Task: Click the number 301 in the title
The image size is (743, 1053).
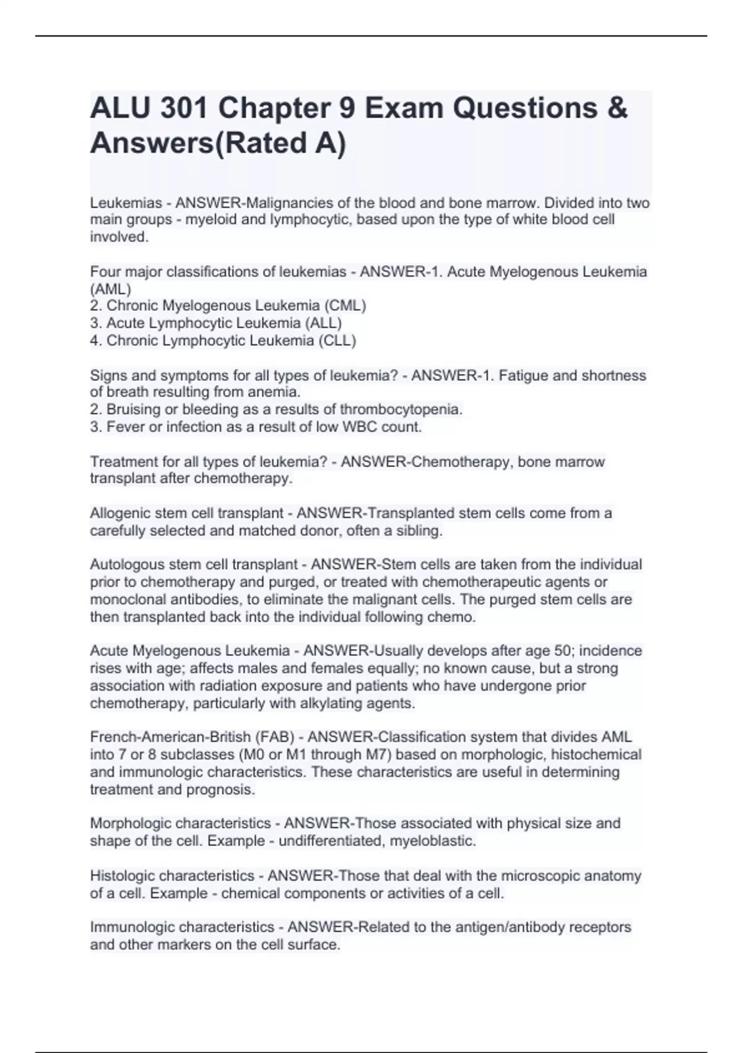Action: tap(184, 108)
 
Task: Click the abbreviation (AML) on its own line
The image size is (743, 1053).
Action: tap(110, 289)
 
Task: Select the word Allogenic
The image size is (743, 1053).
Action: tap(120, 513)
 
